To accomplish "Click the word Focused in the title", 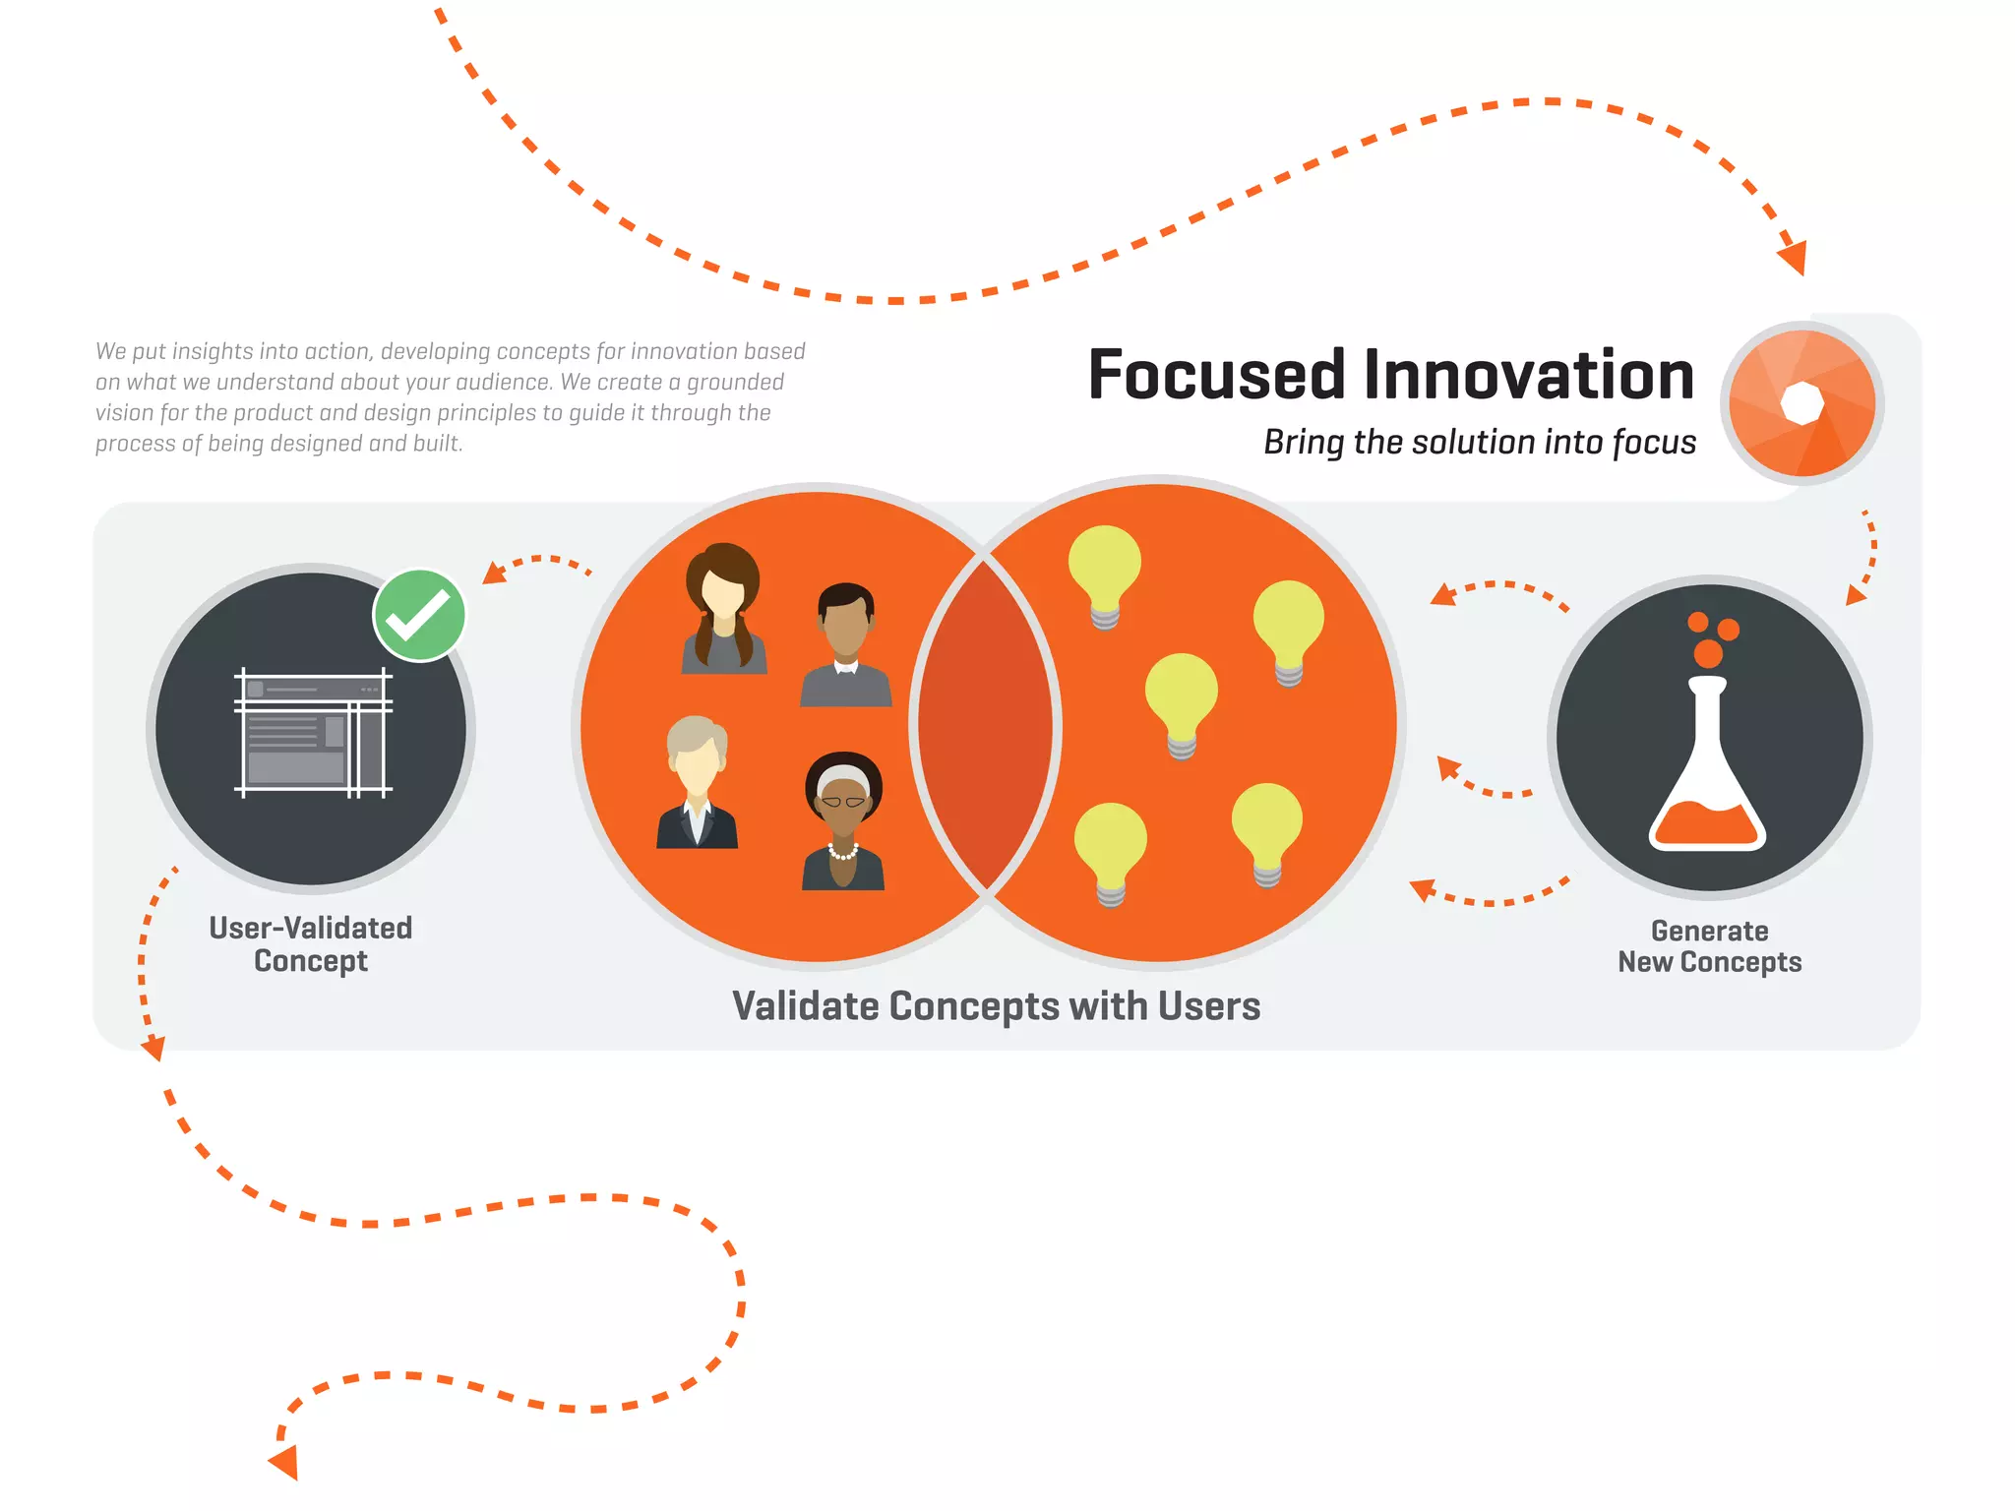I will click(x=1216, y=376).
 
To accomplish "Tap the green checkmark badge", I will click(x=419, y=615).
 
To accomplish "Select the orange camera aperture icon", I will click(x=1802, y=403).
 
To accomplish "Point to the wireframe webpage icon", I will click(x=313, y=733).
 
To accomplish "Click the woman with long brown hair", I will click(x=723, y=610).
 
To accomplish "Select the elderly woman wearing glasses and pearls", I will click(x=843, y=822).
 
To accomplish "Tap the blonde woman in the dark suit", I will click(x=697, y=782).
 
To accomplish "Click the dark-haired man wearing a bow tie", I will click(x=846, y=644).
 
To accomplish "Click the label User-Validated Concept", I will click(x=311, y=943).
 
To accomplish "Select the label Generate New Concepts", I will click(x=1709, y=946).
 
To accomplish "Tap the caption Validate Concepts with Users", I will click(x=996, y=1006).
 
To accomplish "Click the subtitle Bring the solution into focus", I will click(x=1479, y=443).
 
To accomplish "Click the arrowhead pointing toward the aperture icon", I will click(x=1794, y=258).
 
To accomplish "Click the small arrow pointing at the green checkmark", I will click(x=495, y=573).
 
